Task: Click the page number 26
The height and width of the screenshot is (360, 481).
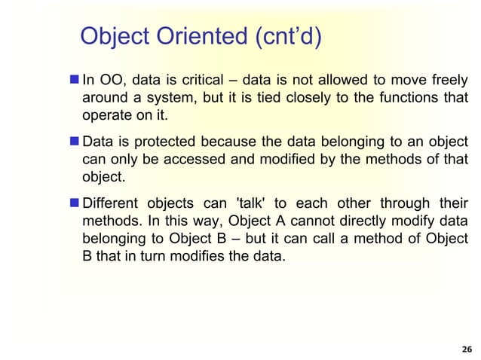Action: (465, 349)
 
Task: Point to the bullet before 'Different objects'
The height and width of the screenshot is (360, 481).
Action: (72, 204)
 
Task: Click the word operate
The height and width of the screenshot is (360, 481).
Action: (105, 117)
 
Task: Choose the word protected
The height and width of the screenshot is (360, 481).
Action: (163, 142)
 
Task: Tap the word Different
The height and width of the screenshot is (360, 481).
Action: (112, 204)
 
